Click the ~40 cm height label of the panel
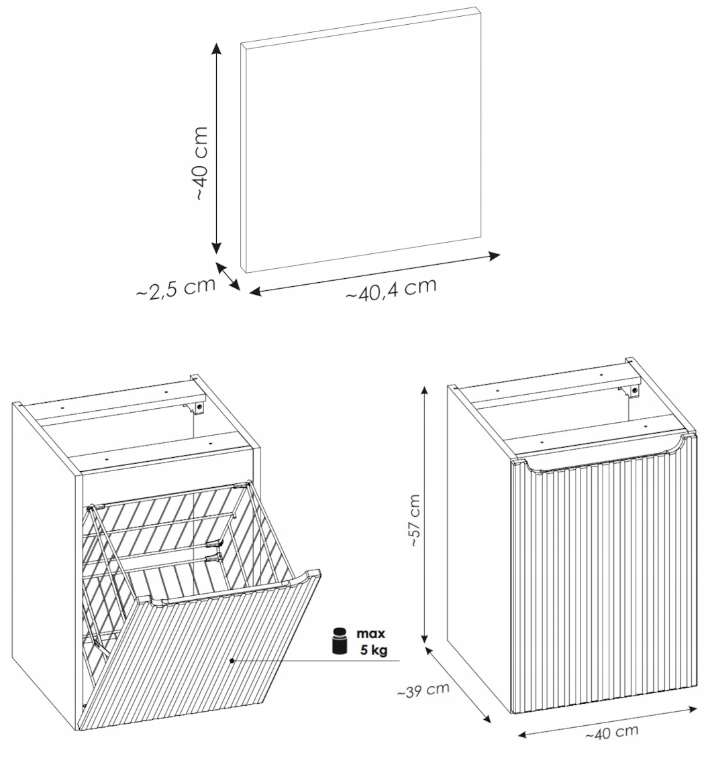click(x=201, y=164)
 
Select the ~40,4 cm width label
click(x=391, y=289)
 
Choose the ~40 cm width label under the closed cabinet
click(x=611, y=733)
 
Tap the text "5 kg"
click(x=373, y=650)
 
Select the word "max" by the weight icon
click(x=370, y=633)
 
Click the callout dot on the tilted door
click(x=233, y=660)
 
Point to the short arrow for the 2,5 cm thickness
click(x=228, y=276)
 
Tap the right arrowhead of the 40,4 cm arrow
click(x=494, y=256)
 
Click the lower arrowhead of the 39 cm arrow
click(x=485, y=716)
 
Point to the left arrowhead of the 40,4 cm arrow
click(x=255, y=292)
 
